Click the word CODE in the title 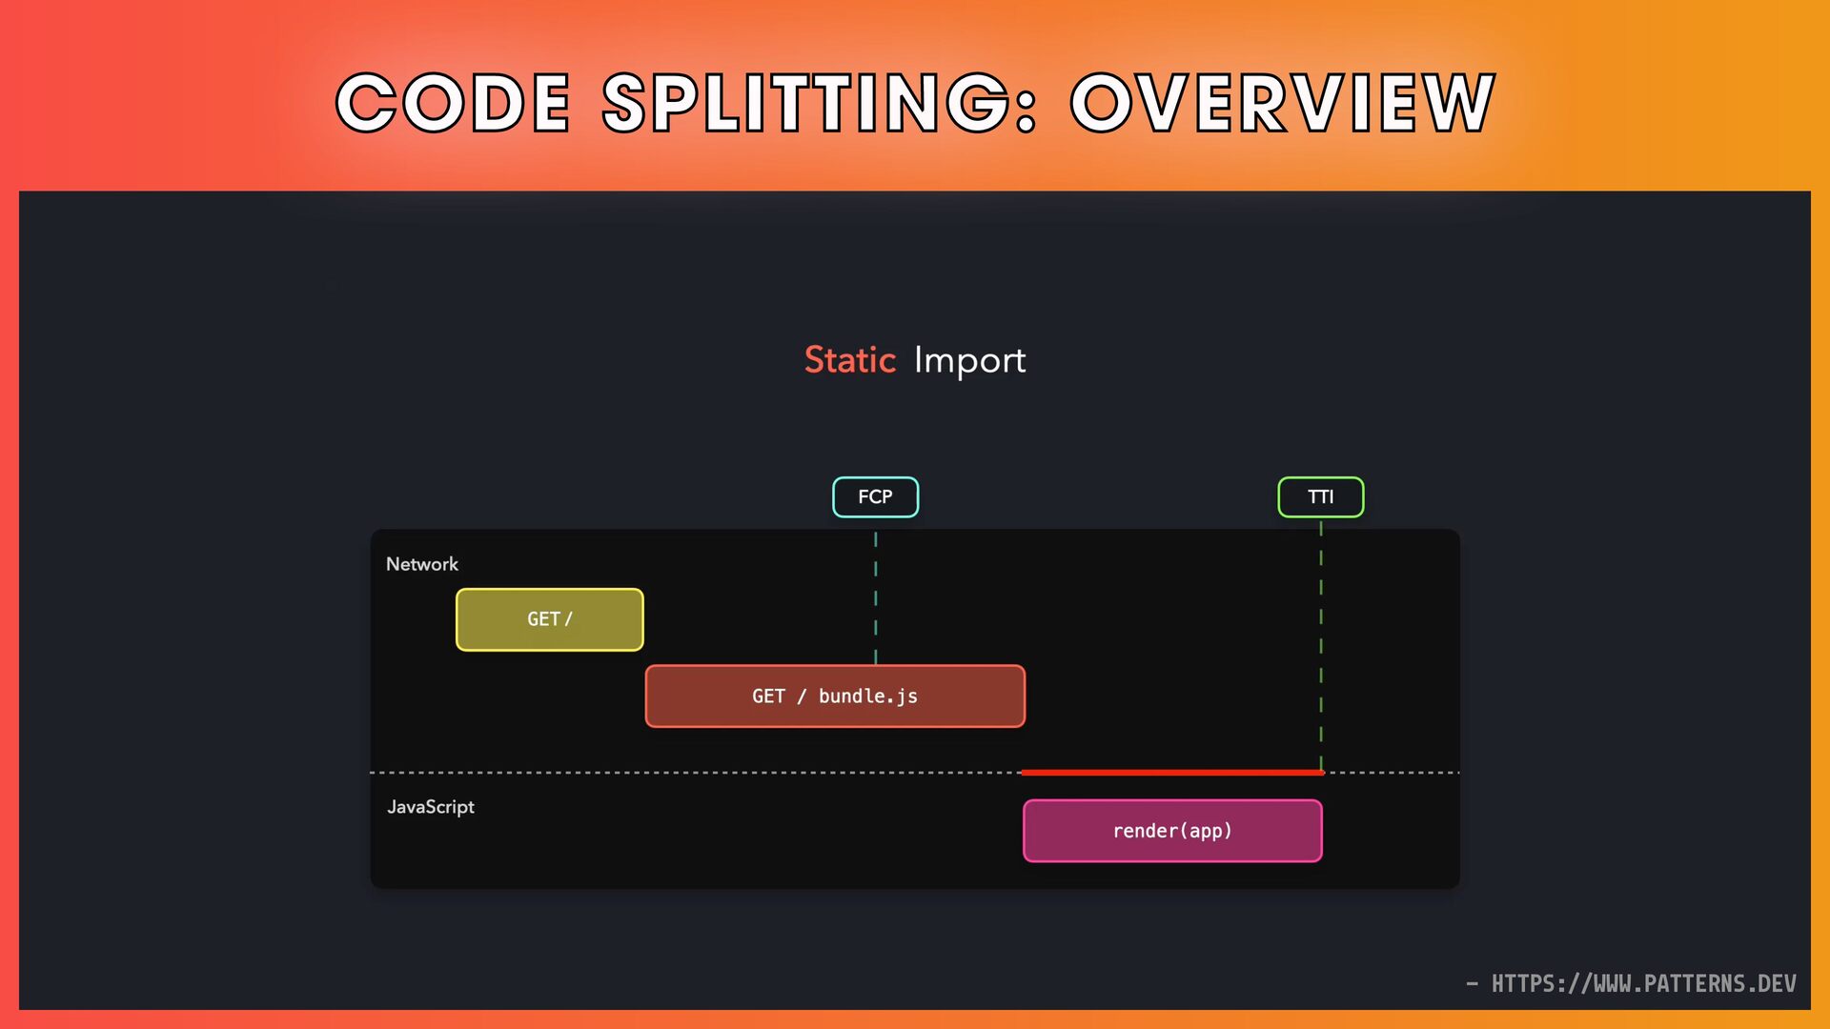click(453, 103)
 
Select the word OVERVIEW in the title click(1282, 103)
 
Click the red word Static click(849, 360)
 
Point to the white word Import click(969, 361)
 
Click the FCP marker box click(875, 497)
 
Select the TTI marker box click(1320, 497)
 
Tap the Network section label click(421, 564)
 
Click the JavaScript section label click(430, 807)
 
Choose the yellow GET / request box click(549, 619)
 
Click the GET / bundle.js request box click(834, 696)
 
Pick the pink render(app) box click(1171, 831)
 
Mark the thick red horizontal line click(1171, 773)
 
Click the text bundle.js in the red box click(867, 696)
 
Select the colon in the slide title click(1026, 105)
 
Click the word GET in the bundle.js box click(767, 696)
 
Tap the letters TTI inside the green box click(1320, 497)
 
